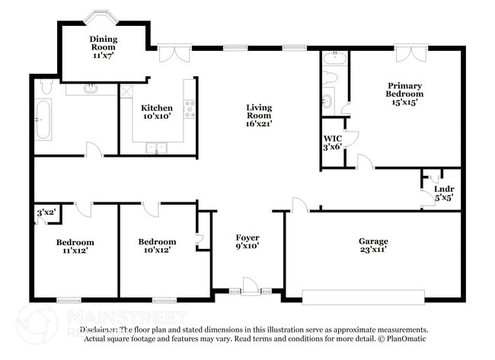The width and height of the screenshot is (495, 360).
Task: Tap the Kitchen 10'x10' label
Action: coord(156,112)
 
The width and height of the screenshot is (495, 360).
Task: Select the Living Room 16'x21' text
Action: coord(258,115)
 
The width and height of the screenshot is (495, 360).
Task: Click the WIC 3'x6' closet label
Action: coord(332,142)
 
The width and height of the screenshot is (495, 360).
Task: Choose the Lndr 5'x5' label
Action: coord(443,193)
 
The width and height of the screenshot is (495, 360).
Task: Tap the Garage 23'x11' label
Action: coord(373,245)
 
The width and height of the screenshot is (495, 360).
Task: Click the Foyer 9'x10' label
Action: coord(248,242)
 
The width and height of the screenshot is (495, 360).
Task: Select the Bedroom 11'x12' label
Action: coord(75,246)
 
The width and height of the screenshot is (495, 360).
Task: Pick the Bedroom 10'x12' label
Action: coord(157,246)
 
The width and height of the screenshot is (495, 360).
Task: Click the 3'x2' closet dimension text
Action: coord(46,212)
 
